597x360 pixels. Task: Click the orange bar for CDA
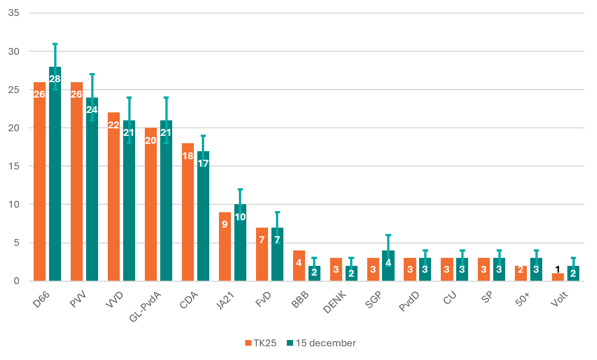tap(188, 212)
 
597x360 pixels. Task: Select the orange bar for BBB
tap(299, 266)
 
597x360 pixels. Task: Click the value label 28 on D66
tap(55, 79)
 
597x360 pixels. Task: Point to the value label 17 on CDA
tap(203, 163)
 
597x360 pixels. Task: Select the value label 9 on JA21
tap(225, 224)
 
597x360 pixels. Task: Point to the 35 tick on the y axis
tap(14, 13)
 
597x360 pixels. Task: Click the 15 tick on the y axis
tap(14, 166)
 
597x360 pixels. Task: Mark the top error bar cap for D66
tap(55, 44)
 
